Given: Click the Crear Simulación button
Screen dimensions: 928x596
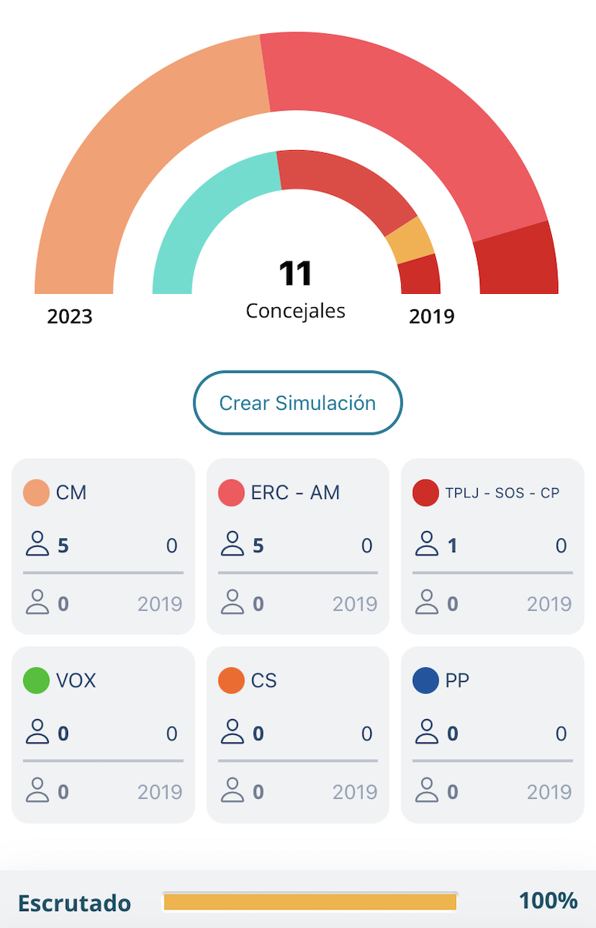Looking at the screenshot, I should click(x=298, y=403).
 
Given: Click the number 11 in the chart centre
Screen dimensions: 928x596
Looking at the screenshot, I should click(x=295, y=274).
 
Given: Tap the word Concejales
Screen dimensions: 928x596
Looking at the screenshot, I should click(x=295, y=311).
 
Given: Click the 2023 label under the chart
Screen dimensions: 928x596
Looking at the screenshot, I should click(x=70, y=316).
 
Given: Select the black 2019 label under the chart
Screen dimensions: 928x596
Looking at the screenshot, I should click(x=431, y=316).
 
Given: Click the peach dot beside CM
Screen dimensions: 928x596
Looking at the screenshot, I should click(x=36, y=493).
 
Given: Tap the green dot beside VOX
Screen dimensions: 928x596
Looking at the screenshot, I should click(x=36, y=681).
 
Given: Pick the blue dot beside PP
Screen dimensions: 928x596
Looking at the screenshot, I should click(x=426, y=681).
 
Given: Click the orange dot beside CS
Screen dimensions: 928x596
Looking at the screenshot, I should click(x=231, y=681).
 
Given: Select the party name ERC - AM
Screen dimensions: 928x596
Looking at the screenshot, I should click(x=295, y=493).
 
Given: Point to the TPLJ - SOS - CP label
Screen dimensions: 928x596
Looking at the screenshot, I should click(x=502, y=493).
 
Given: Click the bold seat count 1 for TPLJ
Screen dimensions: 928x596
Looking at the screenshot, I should click(x=452, y=546).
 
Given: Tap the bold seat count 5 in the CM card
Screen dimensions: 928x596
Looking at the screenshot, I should click(x=63, y=546).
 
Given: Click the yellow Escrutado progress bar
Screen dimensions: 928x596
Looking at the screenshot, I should click(x=310, y=902).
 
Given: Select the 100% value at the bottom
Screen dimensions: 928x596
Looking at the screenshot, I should click(x=548, y=901).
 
